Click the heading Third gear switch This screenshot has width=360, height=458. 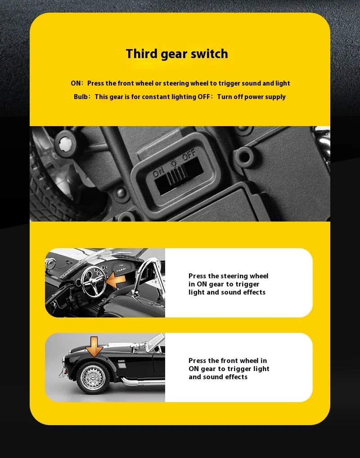click(177, 54)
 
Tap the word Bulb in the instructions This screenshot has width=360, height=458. click(80, 97)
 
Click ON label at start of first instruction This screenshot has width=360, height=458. click(76, 83)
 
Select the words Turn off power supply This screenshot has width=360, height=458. click(252, 97)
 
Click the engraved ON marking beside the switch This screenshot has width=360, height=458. click(158, 173)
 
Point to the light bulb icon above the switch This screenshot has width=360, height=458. click(174, 163)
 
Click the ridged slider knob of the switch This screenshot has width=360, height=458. click(176, 175)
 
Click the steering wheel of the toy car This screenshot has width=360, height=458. click(94, 281)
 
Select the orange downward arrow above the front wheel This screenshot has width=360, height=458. click(94, 347)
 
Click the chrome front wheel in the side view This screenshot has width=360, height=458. click(93, 378)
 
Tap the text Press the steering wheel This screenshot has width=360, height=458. click(228, 276)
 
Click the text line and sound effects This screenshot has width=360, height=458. click(218, 377)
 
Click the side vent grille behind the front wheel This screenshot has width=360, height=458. click(122, 365)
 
